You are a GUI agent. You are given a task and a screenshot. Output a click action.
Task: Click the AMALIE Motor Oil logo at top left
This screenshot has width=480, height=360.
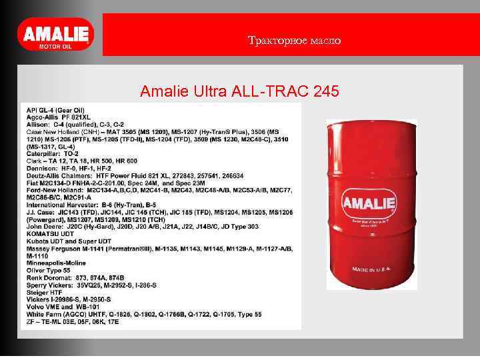[x=55, y=35]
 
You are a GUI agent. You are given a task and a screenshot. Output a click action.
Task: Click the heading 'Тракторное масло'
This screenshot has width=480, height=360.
[x=294, y=41]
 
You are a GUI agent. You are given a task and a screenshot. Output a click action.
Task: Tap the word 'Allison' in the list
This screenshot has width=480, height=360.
[x=37, y=125]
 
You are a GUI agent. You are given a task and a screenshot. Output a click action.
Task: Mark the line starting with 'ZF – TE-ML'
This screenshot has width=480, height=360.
[x=73, y=321]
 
